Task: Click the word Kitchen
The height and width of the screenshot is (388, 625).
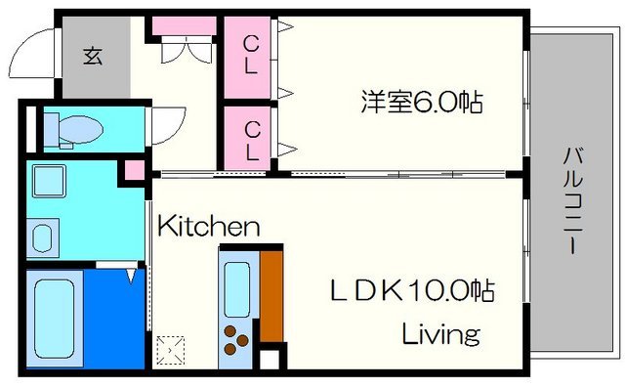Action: [208, 228]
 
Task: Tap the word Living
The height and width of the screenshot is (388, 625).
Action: [442, 334]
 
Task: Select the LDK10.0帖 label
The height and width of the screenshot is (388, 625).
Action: [410, 290]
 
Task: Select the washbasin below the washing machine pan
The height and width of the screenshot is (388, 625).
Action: [43, 238]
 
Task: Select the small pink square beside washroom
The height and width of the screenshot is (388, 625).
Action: [130, 172]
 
